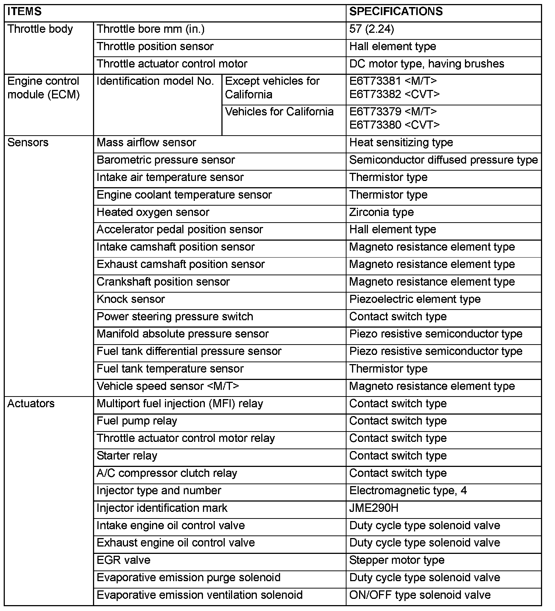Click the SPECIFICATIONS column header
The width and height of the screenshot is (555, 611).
click(x=396, y=11)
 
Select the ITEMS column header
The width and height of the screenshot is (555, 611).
click(x=24, y=11)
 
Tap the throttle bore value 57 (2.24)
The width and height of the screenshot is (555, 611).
click(x=371, y=29)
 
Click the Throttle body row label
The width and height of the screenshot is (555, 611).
click(x=40, y=29)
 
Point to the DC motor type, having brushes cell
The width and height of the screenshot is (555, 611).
click(x=426, y=64)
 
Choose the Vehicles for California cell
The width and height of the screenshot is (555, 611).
click(x=279, y=112)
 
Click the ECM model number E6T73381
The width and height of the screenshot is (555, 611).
click(x=375, y=81)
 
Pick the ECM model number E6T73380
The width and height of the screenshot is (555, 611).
click(x=375, y=125)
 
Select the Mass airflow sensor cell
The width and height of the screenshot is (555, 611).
click(x=146, y=143)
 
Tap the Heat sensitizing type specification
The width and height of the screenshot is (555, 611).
click(x=401, y=143)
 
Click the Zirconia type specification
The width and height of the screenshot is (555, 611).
click(x=381, y=212)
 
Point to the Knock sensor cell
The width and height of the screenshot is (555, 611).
click(x=131, y=299)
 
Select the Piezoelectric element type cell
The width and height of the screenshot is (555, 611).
click(x=414, y=299)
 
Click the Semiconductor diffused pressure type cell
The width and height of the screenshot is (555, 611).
click(x=443, y=160)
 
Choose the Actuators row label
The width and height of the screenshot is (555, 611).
click(x=31, y=404)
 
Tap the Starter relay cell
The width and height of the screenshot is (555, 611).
click(x=127, y=456)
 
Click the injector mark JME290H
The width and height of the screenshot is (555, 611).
click(x=373, y=508)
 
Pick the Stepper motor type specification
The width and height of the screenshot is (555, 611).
click(x=397, y=561)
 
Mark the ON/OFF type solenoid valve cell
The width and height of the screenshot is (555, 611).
click(x=420, y=595)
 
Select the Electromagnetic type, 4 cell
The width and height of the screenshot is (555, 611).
click(x=408, y=491)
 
